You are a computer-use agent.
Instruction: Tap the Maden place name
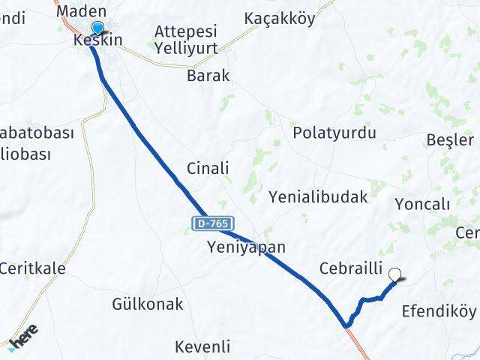click(81, 10)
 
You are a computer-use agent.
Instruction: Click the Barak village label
click(208, 76)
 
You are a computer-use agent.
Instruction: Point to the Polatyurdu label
click(334, 133)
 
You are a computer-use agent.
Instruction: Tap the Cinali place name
click(208, 168)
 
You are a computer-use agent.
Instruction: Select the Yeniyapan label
click(247, 247)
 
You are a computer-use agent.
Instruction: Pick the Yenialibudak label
click(318, 197)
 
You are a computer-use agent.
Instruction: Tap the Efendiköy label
click(439, 310)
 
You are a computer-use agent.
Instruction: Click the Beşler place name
click(450, 140)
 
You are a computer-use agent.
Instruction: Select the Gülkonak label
click(147, 304)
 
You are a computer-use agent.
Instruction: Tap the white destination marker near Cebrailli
click(396, 275)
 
